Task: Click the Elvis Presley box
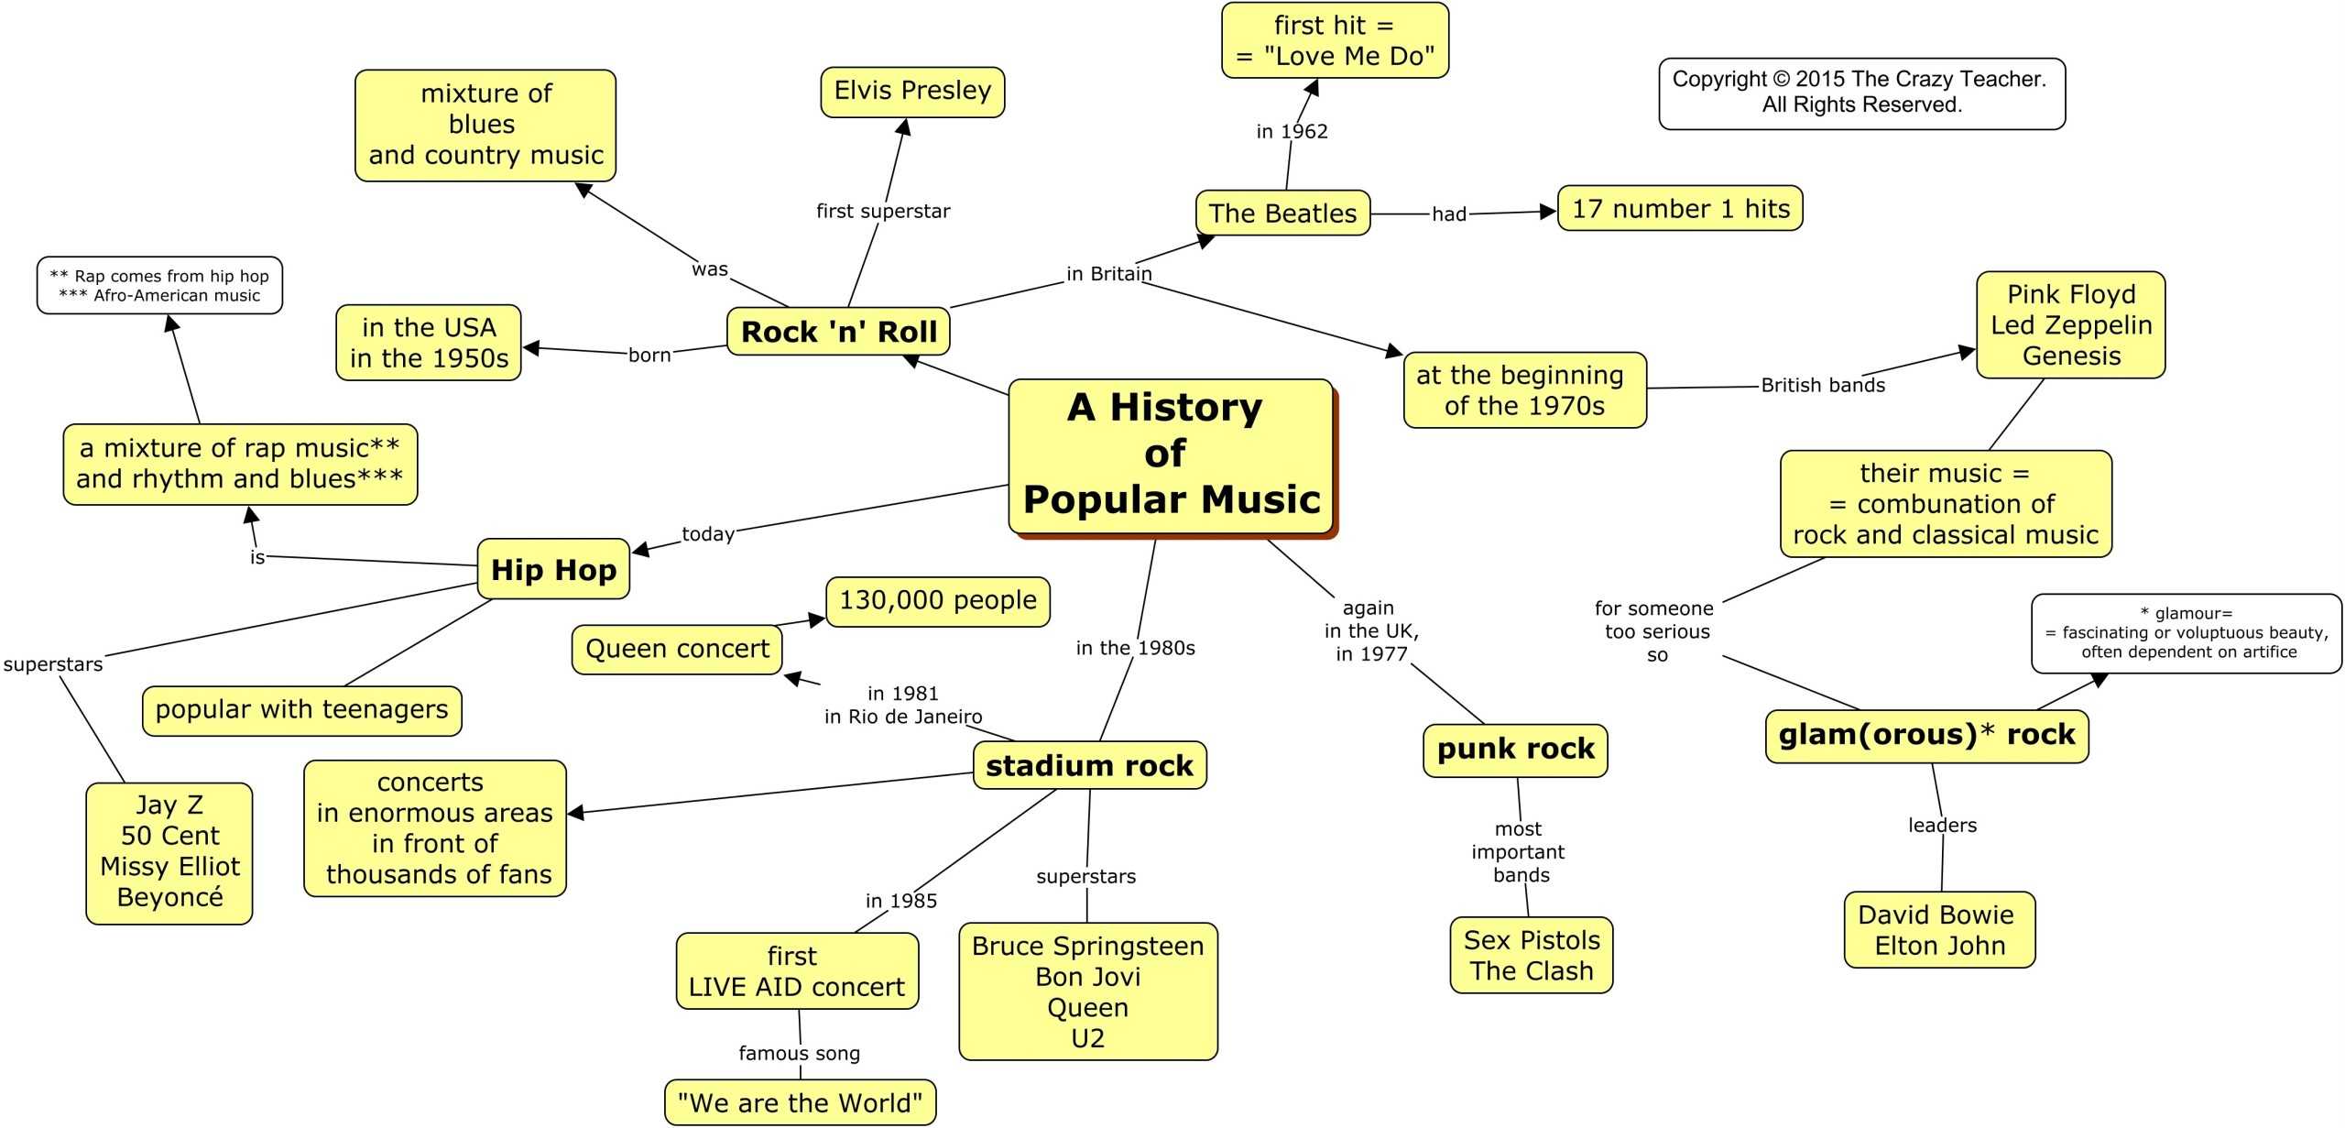point(912,92)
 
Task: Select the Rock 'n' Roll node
point(838,332)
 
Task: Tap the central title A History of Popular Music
point(1171,455)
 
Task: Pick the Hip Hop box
point(553,569)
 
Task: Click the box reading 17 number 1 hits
point(1680,209)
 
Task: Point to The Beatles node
point(1282,214)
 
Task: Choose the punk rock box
point(1515,750)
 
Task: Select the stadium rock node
point(1089,765)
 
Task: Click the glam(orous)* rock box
point(1926,735)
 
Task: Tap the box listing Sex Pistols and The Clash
point(1532,955)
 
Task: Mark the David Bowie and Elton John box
point(1939,929)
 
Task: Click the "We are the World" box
point(800,1102)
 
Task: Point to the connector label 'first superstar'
point(883,212)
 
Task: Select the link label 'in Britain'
point(1108,274)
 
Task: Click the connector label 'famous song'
point(799,1054)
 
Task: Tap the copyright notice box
point(1861,93)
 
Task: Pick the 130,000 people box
point(938,601)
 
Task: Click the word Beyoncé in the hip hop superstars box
point(170,897)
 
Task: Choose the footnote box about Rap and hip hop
point(159,286)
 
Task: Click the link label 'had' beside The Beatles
point(1449,214)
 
